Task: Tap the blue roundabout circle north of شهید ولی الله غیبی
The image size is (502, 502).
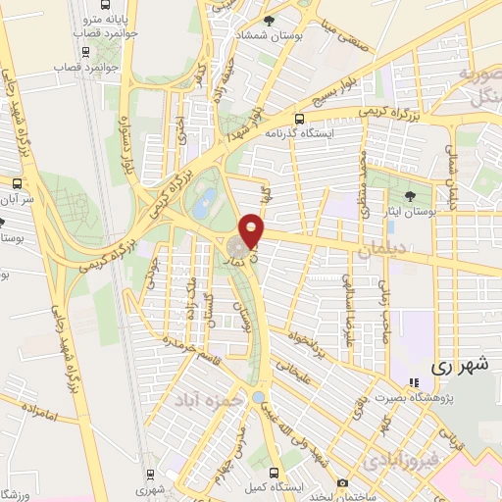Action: (259, 397)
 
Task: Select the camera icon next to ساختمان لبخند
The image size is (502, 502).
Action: (341, 483)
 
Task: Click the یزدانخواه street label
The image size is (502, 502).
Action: (304, 351)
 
